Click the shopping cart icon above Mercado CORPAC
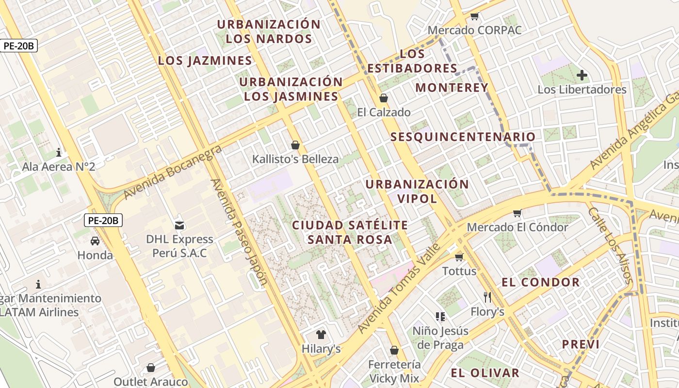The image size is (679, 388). point(474,16)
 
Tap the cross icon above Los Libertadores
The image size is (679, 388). point(582,75)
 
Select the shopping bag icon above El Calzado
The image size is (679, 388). point(384,98)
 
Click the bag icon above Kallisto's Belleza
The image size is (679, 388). point(295,145)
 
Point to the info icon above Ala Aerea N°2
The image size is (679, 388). point(59,152)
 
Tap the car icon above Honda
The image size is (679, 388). point(95,241)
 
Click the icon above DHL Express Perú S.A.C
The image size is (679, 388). point(179,225)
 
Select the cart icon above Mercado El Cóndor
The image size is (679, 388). point(517,213)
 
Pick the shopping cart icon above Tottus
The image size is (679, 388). point(459,257)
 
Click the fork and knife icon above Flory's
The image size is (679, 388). point(487,297)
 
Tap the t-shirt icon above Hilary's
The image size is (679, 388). point(321,334)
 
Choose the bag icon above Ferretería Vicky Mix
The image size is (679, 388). point(394,350)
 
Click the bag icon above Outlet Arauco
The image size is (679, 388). point(151,367)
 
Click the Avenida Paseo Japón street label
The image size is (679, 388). point(239,231)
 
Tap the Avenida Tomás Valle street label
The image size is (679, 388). point(399,288)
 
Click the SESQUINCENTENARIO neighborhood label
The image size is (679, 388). point(463,137)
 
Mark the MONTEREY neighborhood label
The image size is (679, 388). point(452,87)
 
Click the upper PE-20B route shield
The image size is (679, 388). point(19,46)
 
